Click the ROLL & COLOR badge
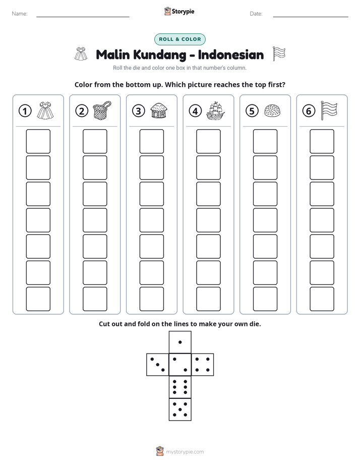tap(179, 39)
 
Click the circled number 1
tap(25, 111)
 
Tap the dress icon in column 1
tap(45, 110)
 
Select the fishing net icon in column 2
tap(102, 110)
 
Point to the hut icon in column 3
tap(159, 110)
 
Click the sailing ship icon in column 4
tap(215, 110)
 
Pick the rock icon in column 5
tap(272, 110)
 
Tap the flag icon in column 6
tap(329, 110)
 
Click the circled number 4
tap(195, 111)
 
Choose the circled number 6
tap(309, 111)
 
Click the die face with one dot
tap(180, 342)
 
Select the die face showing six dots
tap(180, 387)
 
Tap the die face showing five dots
tap(180, 409)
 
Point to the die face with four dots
tap(202, 365)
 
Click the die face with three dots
tap(158, 365)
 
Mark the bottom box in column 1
tap(38, 299)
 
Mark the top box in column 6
tap(322, 141)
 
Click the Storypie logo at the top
tap(179, 11)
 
